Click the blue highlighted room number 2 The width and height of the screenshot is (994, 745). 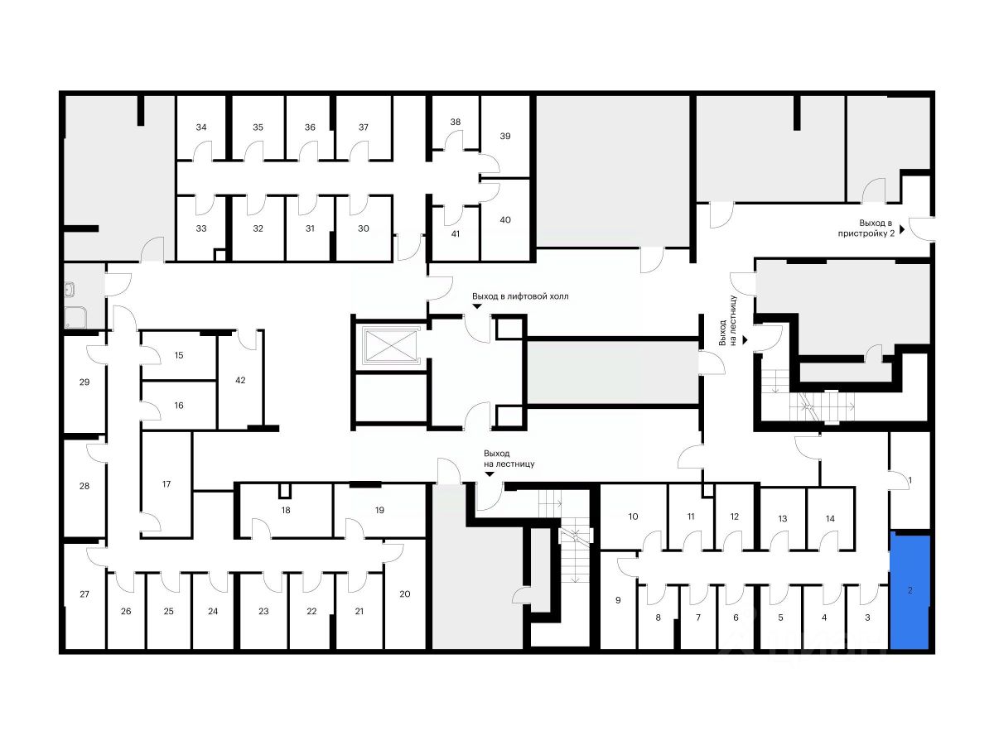pos(910,591)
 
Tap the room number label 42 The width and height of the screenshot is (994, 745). pos(240,381)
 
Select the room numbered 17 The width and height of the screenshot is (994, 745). pos(166,483)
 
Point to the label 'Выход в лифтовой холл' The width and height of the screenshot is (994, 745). pos(520,296)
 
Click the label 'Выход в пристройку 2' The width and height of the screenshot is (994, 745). pos(876,228)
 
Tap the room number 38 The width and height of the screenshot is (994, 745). pos(455,123)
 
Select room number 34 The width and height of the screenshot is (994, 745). pos(201,127)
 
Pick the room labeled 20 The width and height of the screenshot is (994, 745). pos(405,594)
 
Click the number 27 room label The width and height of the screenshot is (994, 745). pos(84,594)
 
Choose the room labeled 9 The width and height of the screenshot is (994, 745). pos(618,599)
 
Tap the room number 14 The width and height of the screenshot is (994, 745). pos(830,518)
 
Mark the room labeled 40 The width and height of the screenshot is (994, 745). pos(505,219)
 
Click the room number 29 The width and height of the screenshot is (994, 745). pos(84,382)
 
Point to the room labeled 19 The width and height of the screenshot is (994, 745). pos(379,510)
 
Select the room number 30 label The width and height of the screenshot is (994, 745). pos(363,228)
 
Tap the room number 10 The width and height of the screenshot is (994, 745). pos(633,517)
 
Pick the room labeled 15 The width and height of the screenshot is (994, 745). pos(178,355)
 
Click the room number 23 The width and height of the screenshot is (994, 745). pos(263,612)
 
